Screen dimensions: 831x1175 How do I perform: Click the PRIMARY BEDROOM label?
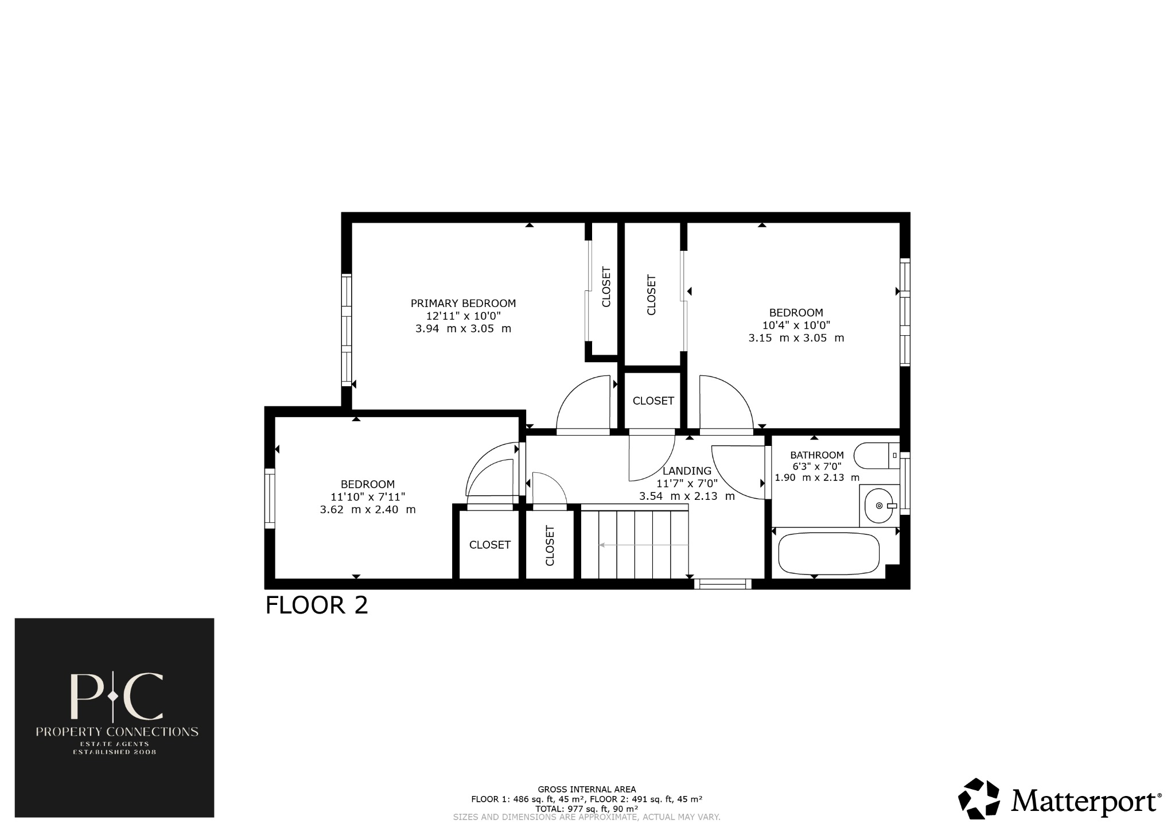pyautogui.click(x=463, y=303)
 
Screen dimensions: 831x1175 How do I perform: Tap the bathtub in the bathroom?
pyautogui.click(x=828, y=554)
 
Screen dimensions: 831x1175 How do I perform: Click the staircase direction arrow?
pyautogui.click(x=643, y=545)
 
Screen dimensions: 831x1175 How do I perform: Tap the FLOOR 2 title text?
pyautogui.click(x=317, y=605)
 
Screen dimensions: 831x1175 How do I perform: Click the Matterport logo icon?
pyautogui.click(x=981, y=798)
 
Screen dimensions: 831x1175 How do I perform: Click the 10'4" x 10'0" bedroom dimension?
pyautogui.click(x=796, y=325)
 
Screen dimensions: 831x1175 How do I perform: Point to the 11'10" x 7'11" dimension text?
pyautogui.click(x=368, y=497)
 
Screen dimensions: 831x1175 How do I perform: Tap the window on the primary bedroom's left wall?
pyautogui.click(x=346, y=330)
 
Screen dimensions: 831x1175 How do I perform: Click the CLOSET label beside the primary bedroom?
pyautogui.click(x=606, y=287)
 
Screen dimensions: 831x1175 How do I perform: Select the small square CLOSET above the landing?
pyautogui.click(x=653, y=401)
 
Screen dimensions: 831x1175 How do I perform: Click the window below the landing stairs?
pyautogui.click(x=722, y=584)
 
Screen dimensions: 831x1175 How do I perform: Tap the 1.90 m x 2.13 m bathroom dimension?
pyautogui.click(x=817, y=477)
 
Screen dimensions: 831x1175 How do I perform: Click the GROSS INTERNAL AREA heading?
pyautogui.click(x=586, y=790)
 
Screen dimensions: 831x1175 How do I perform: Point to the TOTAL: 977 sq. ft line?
pyautogui.click(x=586, y=808)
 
